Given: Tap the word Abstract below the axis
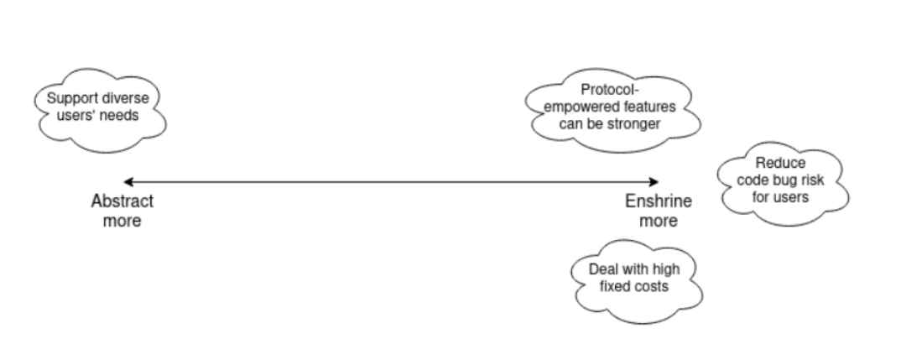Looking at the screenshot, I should [122, 201].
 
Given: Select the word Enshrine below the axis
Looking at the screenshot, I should [659, 201].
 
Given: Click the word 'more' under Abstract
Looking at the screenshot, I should [122, 221].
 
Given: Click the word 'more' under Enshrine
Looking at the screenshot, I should [659, 221].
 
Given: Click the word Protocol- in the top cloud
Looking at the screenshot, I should [612, 91].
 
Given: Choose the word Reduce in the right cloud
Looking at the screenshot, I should [780, 164].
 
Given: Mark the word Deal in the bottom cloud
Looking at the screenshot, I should [604, 269].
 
